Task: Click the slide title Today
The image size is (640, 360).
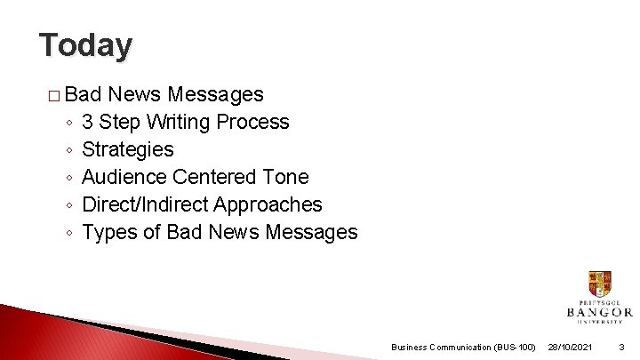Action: [x=85, y=44]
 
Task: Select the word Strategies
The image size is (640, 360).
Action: [x=128, y=149]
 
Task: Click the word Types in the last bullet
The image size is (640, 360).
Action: [x=108, y=233]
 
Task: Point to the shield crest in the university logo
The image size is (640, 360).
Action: [x=599, y=284]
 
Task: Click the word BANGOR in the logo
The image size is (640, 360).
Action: [x=599, y=312]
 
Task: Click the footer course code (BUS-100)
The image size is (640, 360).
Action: [x=515, y=347]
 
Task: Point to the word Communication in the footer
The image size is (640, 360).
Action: [x=459, y=347]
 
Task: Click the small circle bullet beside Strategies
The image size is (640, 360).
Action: [x=68, y=150]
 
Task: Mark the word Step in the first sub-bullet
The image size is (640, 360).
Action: [x=120, y=122]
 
